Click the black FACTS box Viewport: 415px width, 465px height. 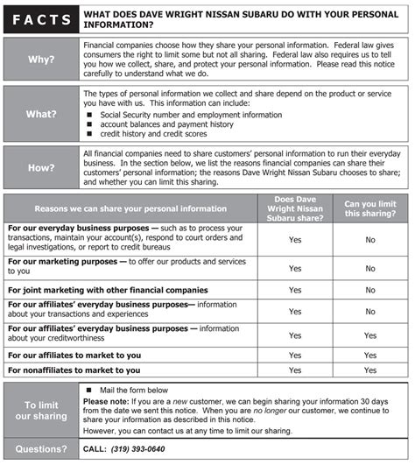click(40, 17)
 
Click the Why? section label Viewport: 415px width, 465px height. click(40, 60)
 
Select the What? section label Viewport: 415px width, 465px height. click(40, 113)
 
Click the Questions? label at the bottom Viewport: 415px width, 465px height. click(40, 449)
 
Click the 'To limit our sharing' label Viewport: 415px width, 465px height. click(40, 410)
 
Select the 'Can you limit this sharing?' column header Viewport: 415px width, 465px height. click(370, 208)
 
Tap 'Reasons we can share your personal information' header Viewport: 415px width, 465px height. click(130, 208)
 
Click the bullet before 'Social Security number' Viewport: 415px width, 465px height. click(90, 115)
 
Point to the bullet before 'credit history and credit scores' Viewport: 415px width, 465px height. click(90, 134)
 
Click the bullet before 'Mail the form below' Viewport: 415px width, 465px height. click(90, 389)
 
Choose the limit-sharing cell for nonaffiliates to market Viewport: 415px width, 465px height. click(370, 370)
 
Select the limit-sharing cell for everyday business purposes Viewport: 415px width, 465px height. click(370, 239)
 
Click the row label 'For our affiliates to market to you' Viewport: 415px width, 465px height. click(74, 356)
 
